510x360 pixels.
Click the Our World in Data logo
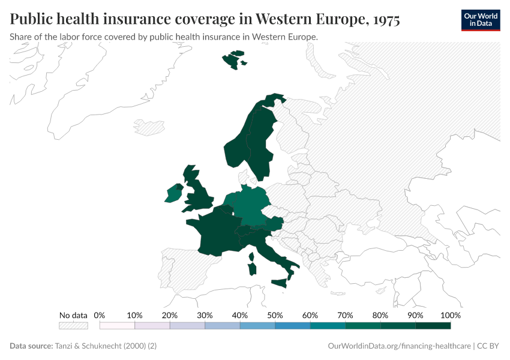coord(480,20)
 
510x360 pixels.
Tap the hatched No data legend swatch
coord(73,326)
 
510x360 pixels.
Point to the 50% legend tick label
coord(275,315)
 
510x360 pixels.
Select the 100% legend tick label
coord(450,315)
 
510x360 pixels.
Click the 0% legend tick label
coord(100,315)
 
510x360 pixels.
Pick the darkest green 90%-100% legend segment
coord(433,326)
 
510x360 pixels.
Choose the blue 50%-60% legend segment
coord(292,326)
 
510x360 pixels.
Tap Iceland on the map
coord(149,127)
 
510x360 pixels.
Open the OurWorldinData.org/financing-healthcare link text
coord(400,346)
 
